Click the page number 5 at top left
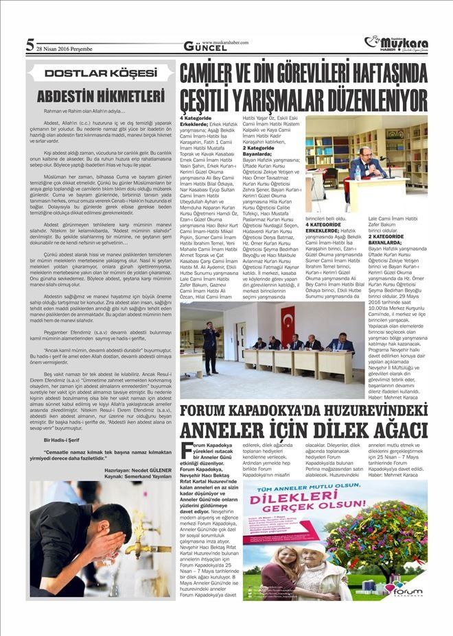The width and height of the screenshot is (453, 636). point(30,46)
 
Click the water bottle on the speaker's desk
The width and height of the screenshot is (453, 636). point(358,172)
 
